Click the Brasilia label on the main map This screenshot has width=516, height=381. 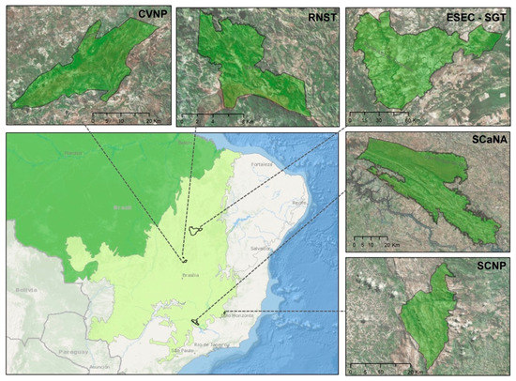tap(193, 276)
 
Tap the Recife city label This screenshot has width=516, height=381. tap(300, 202)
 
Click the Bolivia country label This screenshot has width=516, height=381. tap(25, 292)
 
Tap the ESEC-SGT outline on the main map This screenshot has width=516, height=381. tap(195, 230)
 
